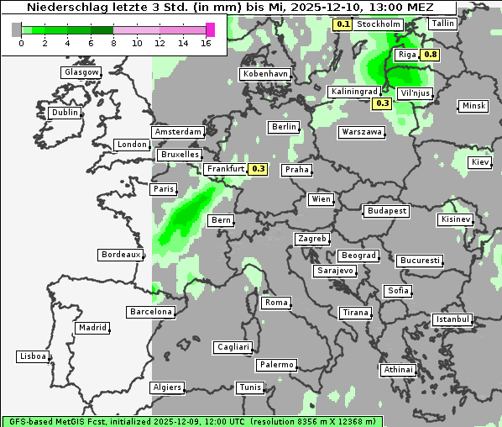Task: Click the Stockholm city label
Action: (378, 24)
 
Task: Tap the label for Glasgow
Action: (81, 72)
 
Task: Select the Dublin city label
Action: (65, 113)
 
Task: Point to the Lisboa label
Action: (33, 356)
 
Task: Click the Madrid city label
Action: (92, 328)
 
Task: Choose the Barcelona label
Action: (151, 312)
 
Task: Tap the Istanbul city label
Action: (452, 319)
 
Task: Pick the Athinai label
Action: (398, 370)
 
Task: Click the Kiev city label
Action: (480, 162)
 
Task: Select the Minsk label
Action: (473, 106)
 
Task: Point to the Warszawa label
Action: (362, 132)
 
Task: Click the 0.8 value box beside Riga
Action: (431, 55)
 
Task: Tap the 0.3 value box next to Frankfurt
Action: (259, 169)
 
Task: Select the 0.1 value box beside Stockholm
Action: (343, 24)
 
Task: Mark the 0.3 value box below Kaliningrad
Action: (382, 103)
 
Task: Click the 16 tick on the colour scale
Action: (207, 44)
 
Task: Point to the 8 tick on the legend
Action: (113, 44)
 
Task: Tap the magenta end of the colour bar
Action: (210, 29)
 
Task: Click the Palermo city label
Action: (276, 365)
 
